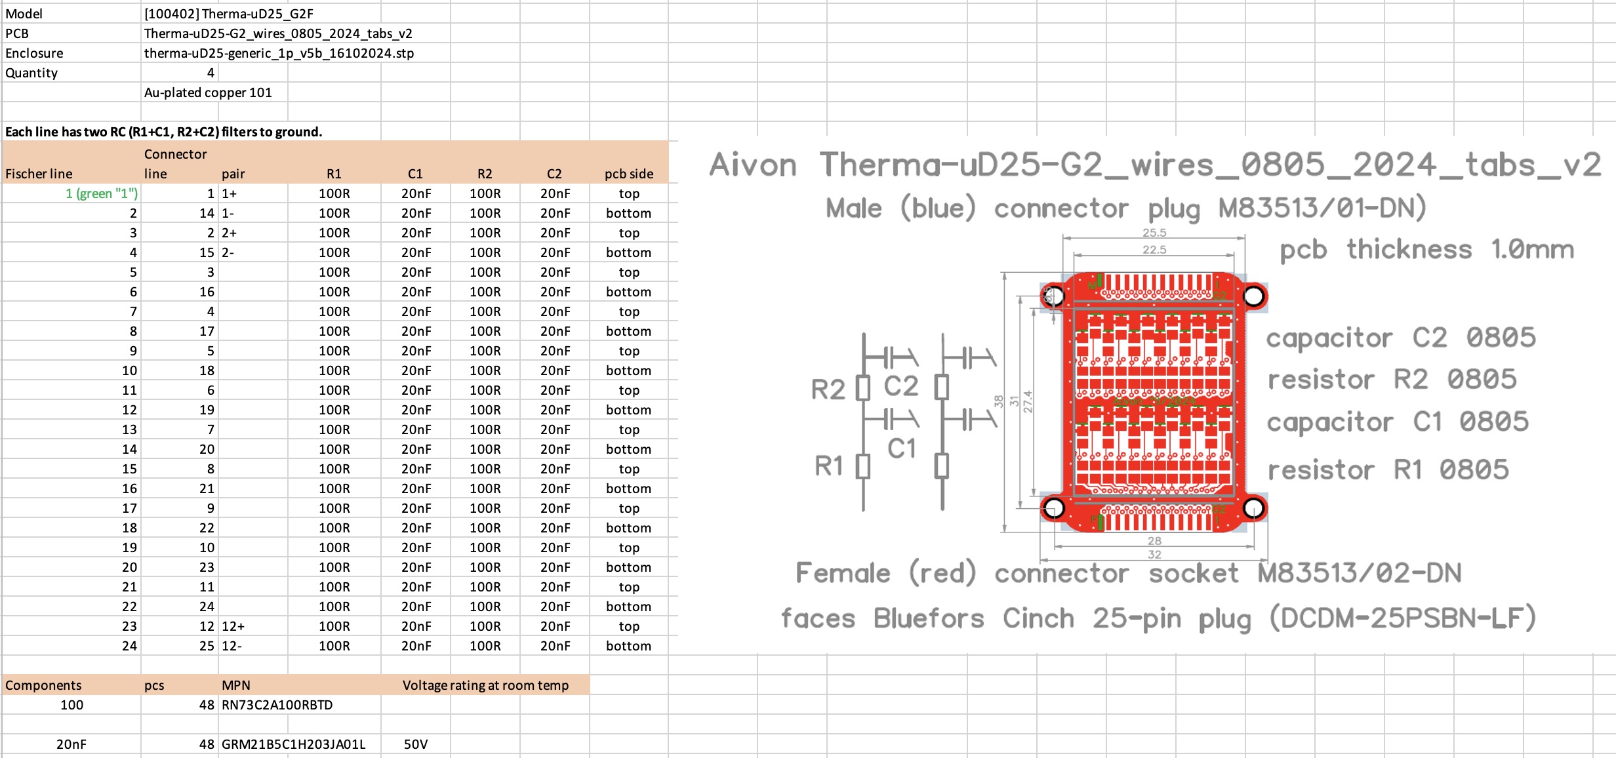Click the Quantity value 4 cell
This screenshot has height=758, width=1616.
[211, 73]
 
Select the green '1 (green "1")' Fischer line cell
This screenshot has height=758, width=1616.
[102, 193]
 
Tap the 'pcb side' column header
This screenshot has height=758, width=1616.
[629, 174]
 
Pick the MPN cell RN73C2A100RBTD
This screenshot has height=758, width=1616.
[277, 705]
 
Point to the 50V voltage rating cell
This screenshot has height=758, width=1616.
[416, 744]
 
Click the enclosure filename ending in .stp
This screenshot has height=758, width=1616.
[279, 53]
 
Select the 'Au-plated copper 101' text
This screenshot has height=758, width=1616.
[208, 92]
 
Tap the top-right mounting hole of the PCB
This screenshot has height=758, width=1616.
[1253, 296]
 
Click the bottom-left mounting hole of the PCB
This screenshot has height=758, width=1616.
[1054, 508]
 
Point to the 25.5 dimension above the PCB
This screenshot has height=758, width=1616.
[1154, 233]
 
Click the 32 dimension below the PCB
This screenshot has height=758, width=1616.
[1154, 555]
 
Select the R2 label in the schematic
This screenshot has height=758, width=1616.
[828, 389]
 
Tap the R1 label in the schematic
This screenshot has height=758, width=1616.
[828, 466]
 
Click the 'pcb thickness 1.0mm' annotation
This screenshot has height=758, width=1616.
[1427, 250]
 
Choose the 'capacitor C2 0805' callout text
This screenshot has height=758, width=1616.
[1401, 338]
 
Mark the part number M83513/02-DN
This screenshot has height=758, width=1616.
[1360, 573]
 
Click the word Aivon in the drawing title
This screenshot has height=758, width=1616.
[754, 165]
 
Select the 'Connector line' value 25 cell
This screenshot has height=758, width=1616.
[207, 646]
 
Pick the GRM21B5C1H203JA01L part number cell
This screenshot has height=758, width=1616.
[293, 744]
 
